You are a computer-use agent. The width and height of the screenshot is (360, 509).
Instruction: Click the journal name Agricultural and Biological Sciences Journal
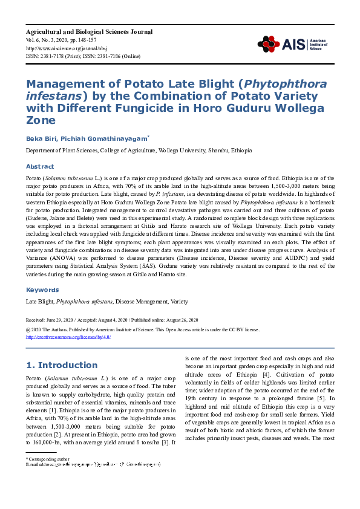click(x=89, y=31)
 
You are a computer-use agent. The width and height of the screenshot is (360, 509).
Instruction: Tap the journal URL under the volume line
click(x=58, y=48)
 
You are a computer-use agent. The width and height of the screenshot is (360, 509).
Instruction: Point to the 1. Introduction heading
click(x=63, y=365)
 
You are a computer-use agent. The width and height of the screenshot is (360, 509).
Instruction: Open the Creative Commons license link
click(x=68, y=337)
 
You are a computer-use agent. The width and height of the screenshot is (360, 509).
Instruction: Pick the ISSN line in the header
click(x=83, y=56)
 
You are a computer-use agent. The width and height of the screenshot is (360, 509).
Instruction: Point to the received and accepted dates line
click(x=112, y=319)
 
